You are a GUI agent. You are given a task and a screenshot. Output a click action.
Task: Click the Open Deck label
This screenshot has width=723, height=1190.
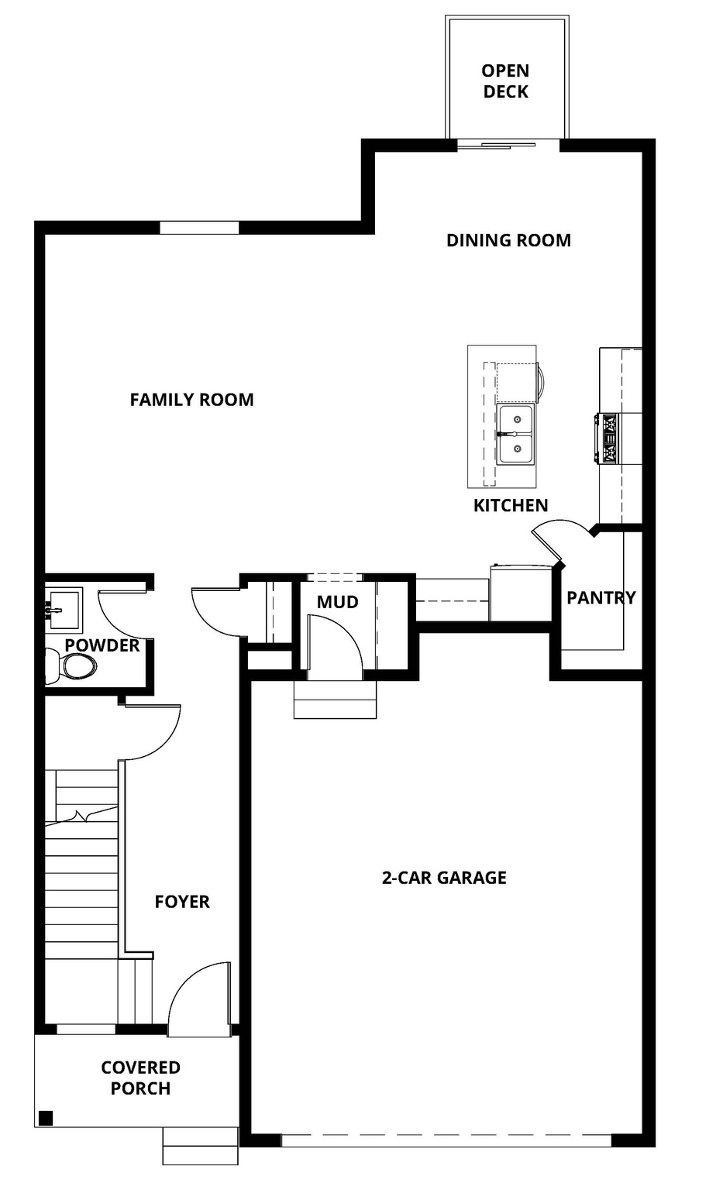pyautogui.click(x=505, y=81)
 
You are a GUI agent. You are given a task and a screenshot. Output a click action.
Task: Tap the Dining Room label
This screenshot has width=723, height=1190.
pyautogui.click(x=508, y=240)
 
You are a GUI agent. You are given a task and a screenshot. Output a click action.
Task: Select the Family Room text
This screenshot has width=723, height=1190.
pyautogui.click(x=191, y=400)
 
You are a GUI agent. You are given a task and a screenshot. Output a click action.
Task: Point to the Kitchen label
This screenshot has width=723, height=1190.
pyautogui.click(x=511, y=505)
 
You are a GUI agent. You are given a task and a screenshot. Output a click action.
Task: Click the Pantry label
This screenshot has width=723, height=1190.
pyautogui.click(x=601, y=597)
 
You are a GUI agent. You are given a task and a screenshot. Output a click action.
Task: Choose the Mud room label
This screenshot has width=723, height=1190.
pyautogui.click(x=337, y=602)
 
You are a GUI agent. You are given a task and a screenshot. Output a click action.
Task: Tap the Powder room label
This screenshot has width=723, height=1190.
pyautogui.click(x=102, y=645)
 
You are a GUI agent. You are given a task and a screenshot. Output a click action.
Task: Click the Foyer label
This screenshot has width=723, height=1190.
pyautogui.click(x=182, y=902)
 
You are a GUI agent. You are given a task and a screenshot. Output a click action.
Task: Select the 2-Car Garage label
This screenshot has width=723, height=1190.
pyautogui.click(x=444, y=878)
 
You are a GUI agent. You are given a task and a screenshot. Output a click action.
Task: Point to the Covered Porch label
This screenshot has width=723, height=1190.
pyautogui.click(x=140, y=1078)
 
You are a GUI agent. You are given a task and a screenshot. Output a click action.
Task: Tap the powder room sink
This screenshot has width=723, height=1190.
pyautogui.click(x=62, y=610)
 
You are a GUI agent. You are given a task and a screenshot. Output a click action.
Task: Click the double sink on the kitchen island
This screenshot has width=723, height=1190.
pyautogui.click(x=515, y=434)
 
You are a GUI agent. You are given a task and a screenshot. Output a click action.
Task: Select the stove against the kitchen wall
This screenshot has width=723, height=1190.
pyautogui.click(x=608, y=439)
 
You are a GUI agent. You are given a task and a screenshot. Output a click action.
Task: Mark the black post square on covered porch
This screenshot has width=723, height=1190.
pyautogui.click(x=46, y=1117)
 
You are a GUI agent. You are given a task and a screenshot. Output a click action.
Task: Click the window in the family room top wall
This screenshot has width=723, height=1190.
pyautogui.click(x=199, y=228)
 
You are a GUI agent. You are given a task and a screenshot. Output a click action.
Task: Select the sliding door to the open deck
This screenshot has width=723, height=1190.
pyautogui.click(x=507, y=144)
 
